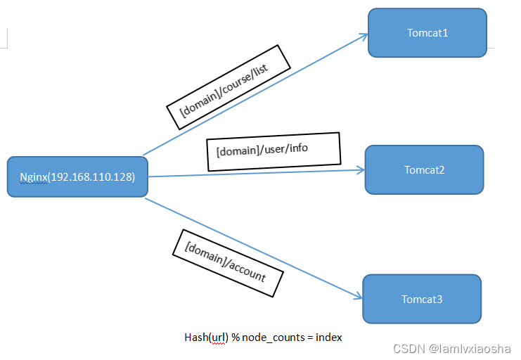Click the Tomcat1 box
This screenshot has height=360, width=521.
click(427, 33)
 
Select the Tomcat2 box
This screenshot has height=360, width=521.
click(424, 170)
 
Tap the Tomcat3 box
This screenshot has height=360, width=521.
click(422, 299)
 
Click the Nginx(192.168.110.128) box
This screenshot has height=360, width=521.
click(77, 176)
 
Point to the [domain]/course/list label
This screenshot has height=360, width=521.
click(228, 87)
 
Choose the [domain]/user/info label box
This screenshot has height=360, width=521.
click(274, 151)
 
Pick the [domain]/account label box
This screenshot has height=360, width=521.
click(228, 262)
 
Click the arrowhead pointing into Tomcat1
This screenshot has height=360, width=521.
click(364, 35)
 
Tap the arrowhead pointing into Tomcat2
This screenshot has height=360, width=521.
click(361, 169)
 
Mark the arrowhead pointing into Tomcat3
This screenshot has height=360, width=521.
click(358, 297)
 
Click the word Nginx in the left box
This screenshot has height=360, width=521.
click(33, 176)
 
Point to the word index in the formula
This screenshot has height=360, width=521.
click(329, 337)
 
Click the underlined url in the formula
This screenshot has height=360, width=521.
click(218, 337)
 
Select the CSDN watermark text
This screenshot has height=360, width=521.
click(406, 349)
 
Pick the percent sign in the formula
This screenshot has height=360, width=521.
click(236, 337)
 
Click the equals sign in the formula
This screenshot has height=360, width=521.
click(310, 337)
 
